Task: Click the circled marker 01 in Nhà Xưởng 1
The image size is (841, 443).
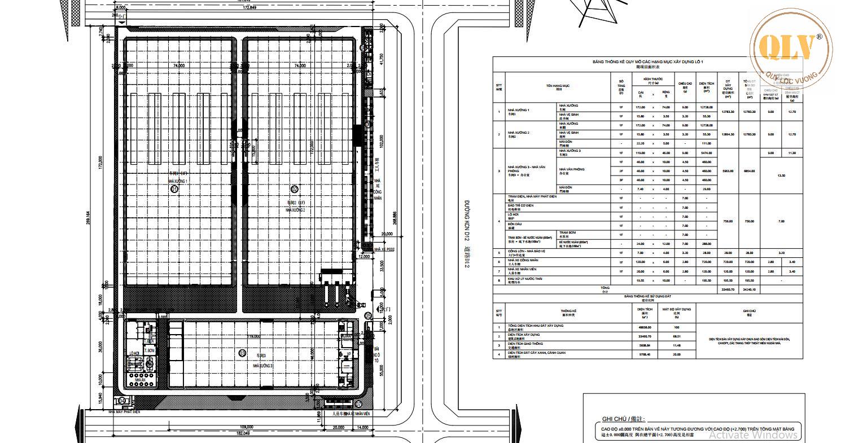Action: (174, 190)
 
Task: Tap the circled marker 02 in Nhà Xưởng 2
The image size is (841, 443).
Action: (294, 188)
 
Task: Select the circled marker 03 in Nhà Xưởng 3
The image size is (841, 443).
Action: (243, 353)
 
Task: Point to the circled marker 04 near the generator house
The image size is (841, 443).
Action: (122, 401)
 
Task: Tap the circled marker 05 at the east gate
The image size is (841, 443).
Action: (368, 315)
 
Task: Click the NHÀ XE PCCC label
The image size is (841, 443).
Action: (388, 248)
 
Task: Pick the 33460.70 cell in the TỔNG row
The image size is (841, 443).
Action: (728, 289)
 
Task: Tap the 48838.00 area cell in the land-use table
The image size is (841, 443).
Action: (645, 327)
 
